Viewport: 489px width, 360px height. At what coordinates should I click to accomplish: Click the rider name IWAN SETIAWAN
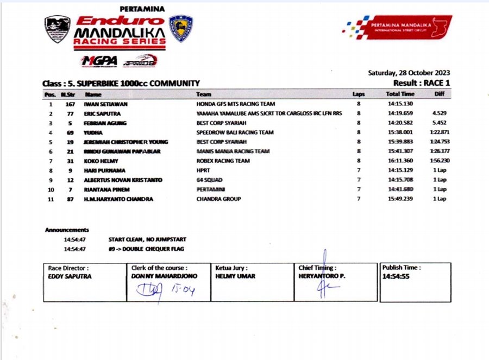point(103,104)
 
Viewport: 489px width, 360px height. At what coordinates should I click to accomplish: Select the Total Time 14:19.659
point(399,113)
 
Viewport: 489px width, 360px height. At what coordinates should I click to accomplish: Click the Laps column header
point(358,94)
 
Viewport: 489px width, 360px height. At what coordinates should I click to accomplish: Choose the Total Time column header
point(400,94)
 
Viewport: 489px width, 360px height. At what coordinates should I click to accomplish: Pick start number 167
point(70,104)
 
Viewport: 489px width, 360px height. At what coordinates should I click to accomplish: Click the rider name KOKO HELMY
point(98,161)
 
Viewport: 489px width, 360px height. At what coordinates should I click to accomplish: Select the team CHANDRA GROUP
point(218,199)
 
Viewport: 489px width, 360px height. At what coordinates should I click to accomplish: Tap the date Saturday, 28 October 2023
point(409,73)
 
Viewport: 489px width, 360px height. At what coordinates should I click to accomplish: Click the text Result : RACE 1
point(422,83)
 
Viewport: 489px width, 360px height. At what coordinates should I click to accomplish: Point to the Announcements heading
point(67,230)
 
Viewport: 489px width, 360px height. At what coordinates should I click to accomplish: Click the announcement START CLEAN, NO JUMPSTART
point(147,239)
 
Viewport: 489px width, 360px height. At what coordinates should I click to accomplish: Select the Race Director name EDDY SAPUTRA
point(70,276)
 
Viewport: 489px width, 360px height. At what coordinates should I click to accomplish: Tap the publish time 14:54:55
point(396,276)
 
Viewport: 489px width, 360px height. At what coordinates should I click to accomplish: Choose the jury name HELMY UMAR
point(235,276)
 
